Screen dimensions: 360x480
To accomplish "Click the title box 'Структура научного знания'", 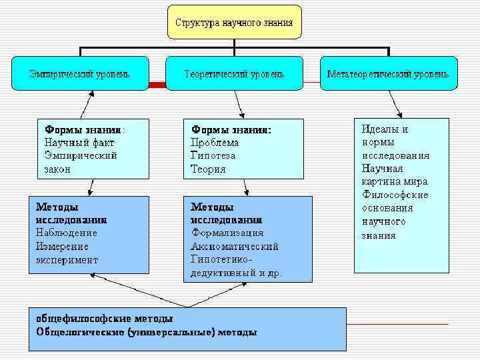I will [233, 23].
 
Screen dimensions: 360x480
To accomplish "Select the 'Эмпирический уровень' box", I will [80, 73].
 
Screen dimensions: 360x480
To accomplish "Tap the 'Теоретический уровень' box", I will [234, 73].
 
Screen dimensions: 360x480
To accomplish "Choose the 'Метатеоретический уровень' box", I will [388, 73].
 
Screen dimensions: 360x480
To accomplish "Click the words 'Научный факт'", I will [79, 142].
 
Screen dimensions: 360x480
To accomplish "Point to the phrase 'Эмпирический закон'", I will [80, 162].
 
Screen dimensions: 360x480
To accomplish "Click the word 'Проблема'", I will [215, 143].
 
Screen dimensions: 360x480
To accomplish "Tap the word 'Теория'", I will [208, 169].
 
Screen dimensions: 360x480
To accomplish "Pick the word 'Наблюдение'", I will [67, 233].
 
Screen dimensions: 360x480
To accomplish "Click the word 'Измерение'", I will [62, 246].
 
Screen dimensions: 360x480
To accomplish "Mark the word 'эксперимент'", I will [67, 259].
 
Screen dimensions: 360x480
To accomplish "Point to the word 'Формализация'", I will [227, 233].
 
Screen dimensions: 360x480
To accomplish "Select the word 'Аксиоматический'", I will [235, 246].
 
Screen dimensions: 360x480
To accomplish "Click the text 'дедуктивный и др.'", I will [236, 273].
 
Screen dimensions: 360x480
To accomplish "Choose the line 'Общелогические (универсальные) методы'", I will [146, 331].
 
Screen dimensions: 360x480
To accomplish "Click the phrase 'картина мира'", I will [395, 181].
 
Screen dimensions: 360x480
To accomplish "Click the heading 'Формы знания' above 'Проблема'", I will [231, 129].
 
